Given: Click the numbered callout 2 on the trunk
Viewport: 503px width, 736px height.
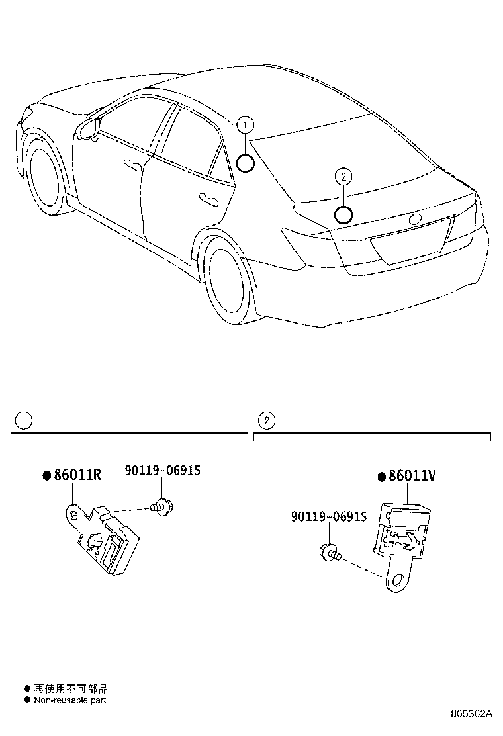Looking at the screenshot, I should [x=343, y=177].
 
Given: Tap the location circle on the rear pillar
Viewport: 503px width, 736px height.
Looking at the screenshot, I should [x=245, y=163].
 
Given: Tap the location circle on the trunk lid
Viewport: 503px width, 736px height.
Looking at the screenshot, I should [x=343, y=214].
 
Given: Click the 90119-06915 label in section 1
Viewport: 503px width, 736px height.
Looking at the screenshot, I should [x=162, y=471].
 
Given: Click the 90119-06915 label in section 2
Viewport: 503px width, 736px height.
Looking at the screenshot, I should [x=328, y=516].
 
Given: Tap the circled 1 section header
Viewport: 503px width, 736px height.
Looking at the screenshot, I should [x=23, y=420].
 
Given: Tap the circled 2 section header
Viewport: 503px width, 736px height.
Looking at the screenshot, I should [x=265, y=420].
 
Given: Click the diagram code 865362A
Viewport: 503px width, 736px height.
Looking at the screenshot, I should [x=472, y=714].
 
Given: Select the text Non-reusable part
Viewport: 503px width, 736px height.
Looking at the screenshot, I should [x=69, y=700].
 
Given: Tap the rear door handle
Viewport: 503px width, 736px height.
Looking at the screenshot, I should [x=209, y=197].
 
